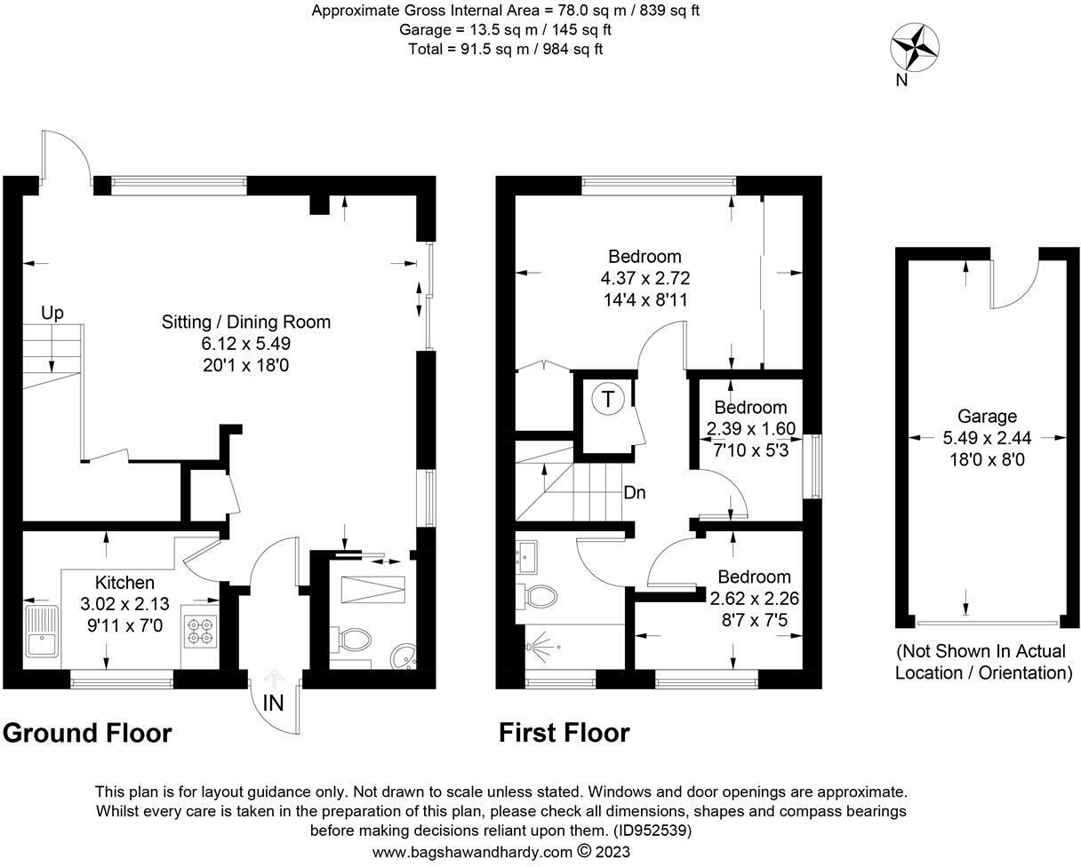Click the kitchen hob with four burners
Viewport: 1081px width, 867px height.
pyautogui.click(x=201, y=631)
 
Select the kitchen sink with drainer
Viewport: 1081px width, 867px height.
pyautogui.click(x=42, y=631)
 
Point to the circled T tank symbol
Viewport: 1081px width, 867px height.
pyautogui.click(x=608, y=400)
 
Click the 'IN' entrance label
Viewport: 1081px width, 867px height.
pyautogui.click(x=273, y=704)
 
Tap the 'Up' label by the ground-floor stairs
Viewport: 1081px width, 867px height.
pyautogui.click(x=52, y=314)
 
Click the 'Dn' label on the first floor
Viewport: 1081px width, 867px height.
pyautogui.click(x=635, y=492)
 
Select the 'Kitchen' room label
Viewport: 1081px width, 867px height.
pyautogui.click(x=124, y=583)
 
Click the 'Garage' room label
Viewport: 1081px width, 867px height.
pyautogui.click(x=987, y=417)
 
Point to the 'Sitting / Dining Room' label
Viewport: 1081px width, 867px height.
pyautogui.click(x=246, y=322)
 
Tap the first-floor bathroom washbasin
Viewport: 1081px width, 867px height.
pyautogui.click(x=526, y=557)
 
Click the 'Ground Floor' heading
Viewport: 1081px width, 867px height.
pyautogui.click(x=87, y=733)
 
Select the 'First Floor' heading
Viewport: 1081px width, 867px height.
pyautogui.click(x=565, y=733)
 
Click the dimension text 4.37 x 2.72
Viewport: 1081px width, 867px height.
pyautogui.click(x=645, y=278)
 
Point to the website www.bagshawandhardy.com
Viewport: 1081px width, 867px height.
pyautogui.click(x=472, y=852)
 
